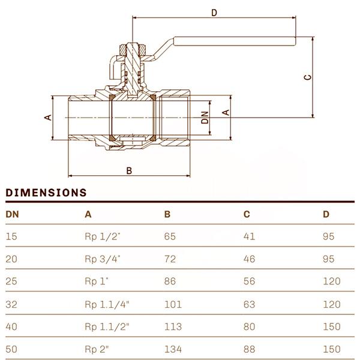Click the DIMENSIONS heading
46,193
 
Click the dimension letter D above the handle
214,12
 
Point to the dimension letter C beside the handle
307,77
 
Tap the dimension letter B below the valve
128,170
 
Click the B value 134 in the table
173,349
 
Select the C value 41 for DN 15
249,236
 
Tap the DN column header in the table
12,214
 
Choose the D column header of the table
326,214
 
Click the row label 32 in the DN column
11,304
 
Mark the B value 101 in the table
173,304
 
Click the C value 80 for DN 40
249,327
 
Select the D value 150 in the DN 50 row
331,349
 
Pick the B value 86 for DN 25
170,281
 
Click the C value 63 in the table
249,304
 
